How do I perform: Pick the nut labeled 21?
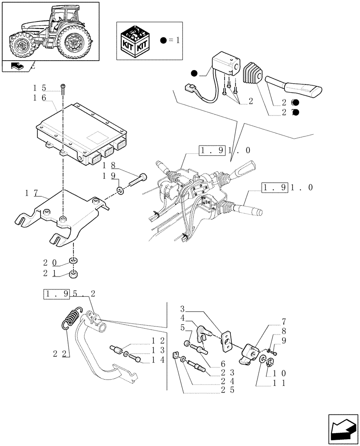click(x=74, y=274)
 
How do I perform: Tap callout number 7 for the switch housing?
click(x=284, y=322)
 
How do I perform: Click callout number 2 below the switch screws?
click(x=250, y=101)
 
